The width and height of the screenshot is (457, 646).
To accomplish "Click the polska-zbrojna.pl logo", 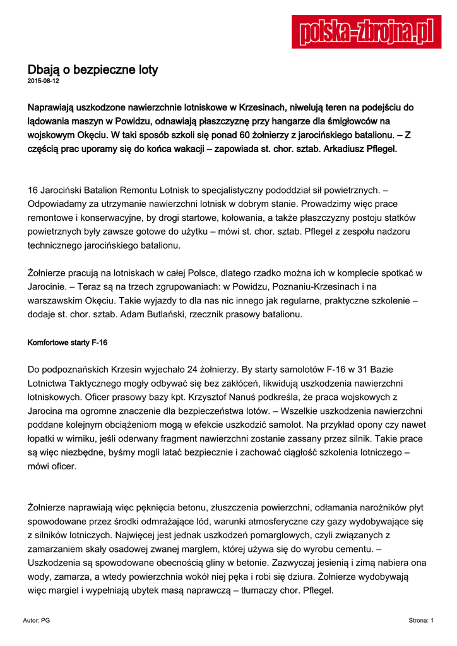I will pos(366,32).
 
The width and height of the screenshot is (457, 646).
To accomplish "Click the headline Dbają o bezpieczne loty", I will pos(92,69).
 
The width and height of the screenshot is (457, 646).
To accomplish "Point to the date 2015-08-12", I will pos(43,81).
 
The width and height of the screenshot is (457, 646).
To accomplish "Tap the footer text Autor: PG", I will pos(36,621).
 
